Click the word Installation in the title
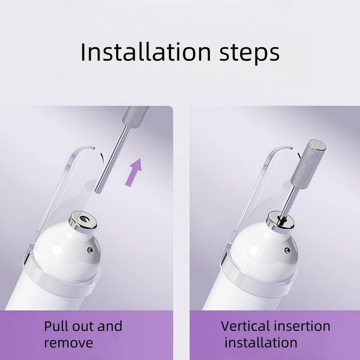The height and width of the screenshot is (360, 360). click(145, 52)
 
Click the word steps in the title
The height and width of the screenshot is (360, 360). click(249, 54)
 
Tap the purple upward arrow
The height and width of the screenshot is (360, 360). click(134, 172)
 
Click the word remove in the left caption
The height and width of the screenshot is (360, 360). click(69, 343)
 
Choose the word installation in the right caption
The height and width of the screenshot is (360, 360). click(261, 343)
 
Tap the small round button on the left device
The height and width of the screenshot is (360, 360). click(90, 250)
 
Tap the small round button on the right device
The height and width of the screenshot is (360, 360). click(287, 250)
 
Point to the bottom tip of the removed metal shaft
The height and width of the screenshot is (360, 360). click(98, 192)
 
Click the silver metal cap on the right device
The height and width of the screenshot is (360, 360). click(280, 221)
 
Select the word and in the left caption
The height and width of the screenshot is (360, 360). click(110, 326)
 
